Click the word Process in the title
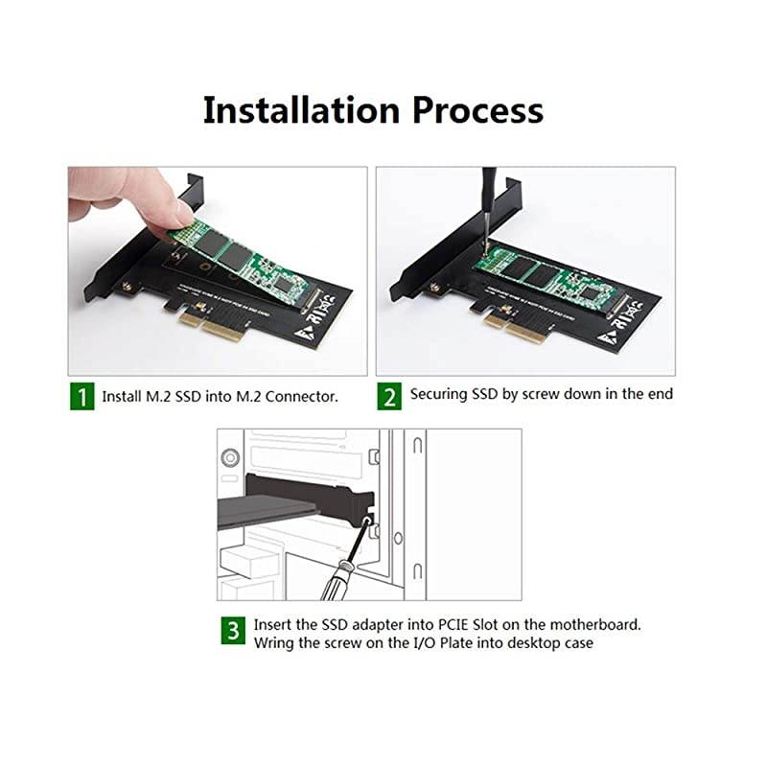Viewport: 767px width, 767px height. (477, 110)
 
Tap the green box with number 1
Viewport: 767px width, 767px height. (81, 396)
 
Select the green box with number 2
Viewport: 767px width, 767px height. (389, 396)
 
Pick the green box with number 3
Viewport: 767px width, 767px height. (233, 632)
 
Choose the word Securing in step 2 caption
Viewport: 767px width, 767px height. (437, 394)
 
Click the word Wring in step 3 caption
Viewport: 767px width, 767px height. (274, 642)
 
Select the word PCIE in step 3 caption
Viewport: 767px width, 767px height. (436, 624)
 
